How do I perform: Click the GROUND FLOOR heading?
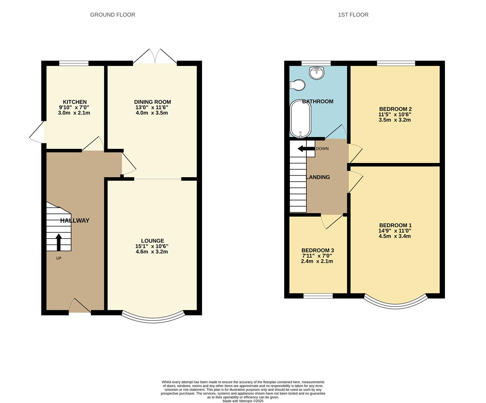112,15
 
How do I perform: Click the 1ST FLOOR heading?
353,15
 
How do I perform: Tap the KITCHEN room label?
75,102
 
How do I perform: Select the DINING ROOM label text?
152,102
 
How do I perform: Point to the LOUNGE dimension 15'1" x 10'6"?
152,246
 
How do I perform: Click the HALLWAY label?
75,221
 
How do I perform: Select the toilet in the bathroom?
298,85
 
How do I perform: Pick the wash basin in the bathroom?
317,73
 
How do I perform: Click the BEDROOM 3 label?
317,250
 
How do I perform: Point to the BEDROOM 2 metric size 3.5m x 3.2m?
395,120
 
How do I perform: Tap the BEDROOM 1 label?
395,225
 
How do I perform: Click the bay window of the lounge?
153,318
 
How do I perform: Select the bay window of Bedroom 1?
395,301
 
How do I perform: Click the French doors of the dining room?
155,57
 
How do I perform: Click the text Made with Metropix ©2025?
243,401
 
